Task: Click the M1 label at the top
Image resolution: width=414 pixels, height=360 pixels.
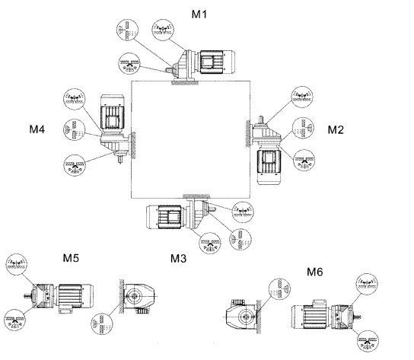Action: point(199,14)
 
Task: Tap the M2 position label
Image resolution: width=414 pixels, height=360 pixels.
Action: point(336,129)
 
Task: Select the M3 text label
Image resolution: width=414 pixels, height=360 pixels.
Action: point(178,258)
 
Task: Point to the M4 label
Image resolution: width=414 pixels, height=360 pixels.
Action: point(37,129)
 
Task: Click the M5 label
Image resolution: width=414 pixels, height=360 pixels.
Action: point(71,257)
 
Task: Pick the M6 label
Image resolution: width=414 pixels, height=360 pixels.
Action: point(315,272)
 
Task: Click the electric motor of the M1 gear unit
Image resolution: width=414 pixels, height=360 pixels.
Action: point(217,62)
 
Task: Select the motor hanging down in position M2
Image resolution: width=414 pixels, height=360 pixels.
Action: point(269,164)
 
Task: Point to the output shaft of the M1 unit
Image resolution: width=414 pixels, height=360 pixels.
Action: point(169,71)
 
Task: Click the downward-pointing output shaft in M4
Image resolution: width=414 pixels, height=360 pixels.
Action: point(120,159)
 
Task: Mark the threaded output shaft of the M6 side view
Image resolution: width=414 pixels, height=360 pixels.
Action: point(358,317)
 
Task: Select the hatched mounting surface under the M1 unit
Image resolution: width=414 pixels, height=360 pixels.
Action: point(186,83)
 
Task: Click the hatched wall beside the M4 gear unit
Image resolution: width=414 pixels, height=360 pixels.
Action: point(134,145)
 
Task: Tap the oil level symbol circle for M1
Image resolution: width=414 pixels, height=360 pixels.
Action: point(127,30)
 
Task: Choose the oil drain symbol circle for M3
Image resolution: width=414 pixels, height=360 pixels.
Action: point(210,243)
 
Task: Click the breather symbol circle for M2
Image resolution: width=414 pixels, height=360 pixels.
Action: point(302,97)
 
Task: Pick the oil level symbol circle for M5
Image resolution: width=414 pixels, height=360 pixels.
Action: point(102,323)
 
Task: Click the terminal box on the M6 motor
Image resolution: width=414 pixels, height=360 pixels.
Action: point(320,303)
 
